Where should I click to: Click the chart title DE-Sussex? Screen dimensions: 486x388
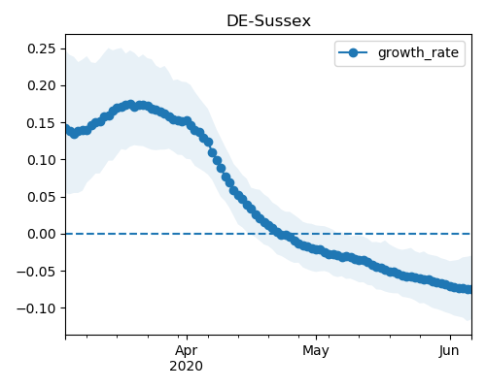point(268,21)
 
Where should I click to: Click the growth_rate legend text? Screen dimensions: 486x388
point(418,52)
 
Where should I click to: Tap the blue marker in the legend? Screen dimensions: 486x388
point(353,52)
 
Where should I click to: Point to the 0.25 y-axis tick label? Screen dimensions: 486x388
point(42,48)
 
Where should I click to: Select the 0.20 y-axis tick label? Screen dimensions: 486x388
point(42,85)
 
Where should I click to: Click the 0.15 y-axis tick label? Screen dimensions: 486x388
point(42,123)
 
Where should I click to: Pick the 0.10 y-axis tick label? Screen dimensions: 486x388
point(42,160)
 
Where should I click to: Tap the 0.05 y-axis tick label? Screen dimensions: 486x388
point(42,197)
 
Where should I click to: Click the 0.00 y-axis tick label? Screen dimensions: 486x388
point(42,234)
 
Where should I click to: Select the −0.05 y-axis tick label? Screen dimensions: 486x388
point(36,271)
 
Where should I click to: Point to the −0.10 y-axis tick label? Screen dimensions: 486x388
point(36,308)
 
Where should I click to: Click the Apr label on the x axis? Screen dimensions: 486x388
point(187,351)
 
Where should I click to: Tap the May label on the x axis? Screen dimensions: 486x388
point(316,351)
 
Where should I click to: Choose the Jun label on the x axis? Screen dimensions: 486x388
point(449,351)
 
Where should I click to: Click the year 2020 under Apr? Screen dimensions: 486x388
point(187,366)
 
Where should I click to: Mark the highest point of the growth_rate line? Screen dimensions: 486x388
point(130,105)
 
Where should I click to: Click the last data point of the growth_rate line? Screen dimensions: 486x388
point(469,289)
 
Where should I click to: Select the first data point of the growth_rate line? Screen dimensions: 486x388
point(66,128)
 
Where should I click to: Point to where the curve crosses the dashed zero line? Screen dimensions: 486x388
point(282,234)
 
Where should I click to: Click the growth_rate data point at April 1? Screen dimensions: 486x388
point(187,121)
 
